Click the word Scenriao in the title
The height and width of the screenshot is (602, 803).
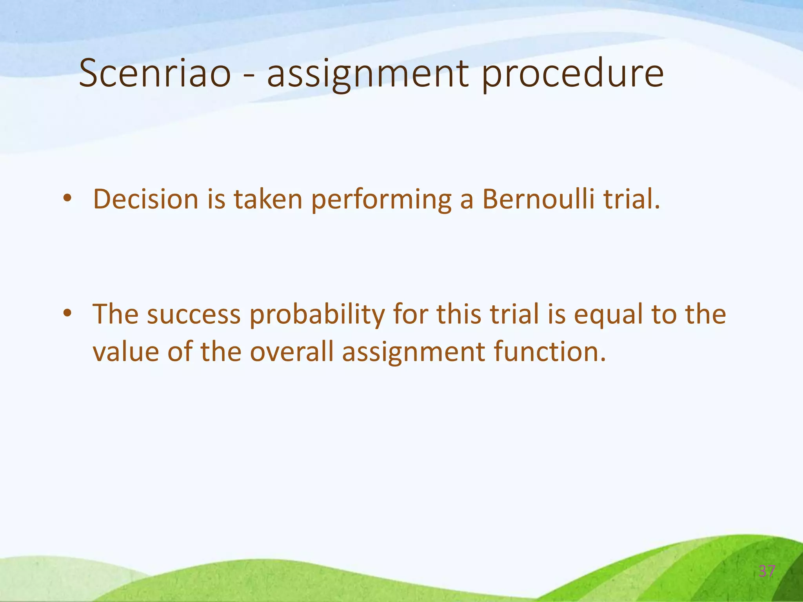pos(155,74)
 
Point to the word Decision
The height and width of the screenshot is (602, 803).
pos(146,199)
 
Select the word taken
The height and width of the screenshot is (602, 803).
pos(268,199)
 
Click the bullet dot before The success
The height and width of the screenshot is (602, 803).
pos(67,313)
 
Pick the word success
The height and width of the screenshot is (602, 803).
pos(194,315)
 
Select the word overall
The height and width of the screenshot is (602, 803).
pos(292,352)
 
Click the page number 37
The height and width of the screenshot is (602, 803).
pos(767,571)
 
